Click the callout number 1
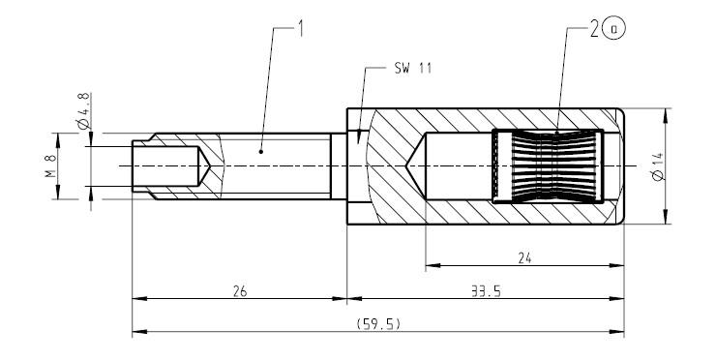pyautogui.click(x=300, y=28)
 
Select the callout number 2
pyautogui.click(x=594, y=29)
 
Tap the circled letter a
pyautogui.click(x=614, y=29)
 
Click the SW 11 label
pyautogui.click(x=413, y=68)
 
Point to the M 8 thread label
pyautogui.click(x=51, y=165)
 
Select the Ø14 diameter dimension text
pyautogui.click(x=658, y=167)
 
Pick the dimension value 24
pyautogui.click(x=524, y=258)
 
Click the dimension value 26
pyautogui.click(x=240, y=291)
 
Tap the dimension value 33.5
pyautogui.click(x=486, y=291)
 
